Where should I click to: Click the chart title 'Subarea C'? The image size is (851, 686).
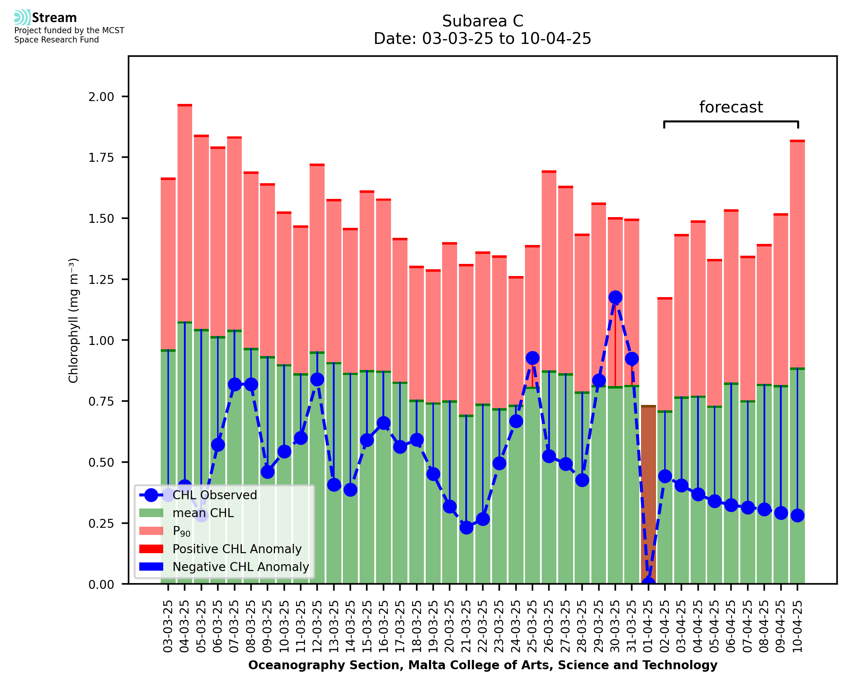(482, 21)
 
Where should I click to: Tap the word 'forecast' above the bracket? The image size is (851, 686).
(731, 107)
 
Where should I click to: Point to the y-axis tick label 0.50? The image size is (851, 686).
(101, 462)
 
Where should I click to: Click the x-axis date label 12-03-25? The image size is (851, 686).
(317, 626)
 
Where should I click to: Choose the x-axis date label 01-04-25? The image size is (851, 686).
(648, 626)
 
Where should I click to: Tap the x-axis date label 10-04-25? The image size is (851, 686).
(797, 626)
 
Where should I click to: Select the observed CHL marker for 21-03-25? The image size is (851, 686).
(466, 527)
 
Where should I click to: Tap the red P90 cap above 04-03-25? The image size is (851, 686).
(185, 105)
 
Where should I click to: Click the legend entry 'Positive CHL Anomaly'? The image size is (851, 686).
(237, 549)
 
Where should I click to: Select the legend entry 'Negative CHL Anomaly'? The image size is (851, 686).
(241, 567)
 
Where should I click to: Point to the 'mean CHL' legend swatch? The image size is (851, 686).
(151, 513)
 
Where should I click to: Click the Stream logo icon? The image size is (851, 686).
(22, 17)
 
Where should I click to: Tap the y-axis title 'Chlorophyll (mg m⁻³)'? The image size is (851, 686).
(74, 320)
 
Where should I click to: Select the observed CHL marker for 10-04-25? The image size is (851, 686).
(797, 515)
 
